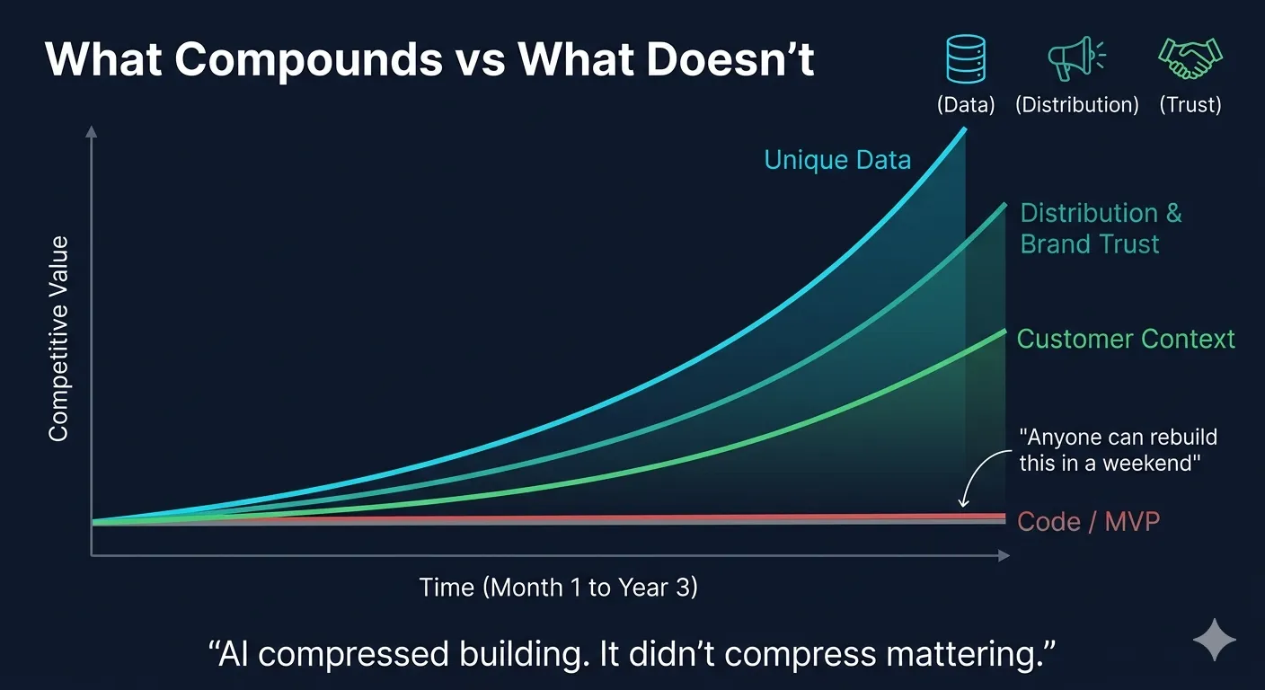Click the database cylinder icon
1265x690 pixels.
(x=966, y=58)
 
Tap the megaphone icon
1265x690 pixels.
(x=1075, y=58)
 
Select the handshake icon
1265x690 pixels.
(x=1190, y=58)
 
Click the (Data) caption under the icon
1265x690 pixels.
(x=966, y=104)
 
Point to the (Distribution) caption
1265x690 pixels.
(x=1077, y=104)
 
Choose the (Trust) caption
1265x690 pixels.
(x=1190, y=104)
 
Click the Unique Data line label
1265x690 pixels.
(x=837, y=160)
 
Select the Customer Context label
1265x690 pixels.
(x=1126, y=339)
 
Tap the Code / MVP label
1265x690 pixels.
(x=1089, y=521)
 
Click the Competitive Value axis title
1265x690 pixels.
(x=58, y=338)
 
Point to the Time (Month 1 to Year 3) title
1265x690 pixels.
(x=559, y=588)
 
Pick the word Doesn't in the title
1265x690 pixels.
(x=730, y=59)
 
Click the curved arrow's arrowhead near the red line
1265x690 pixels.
(x=964, y=501)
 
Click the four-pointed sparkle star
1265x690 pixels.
(x=1215, y=640)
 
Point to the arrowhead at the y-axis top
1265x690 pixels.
(x=91, y=131)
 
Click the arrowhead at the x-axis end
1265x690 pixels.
(x=1004, y=555)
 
